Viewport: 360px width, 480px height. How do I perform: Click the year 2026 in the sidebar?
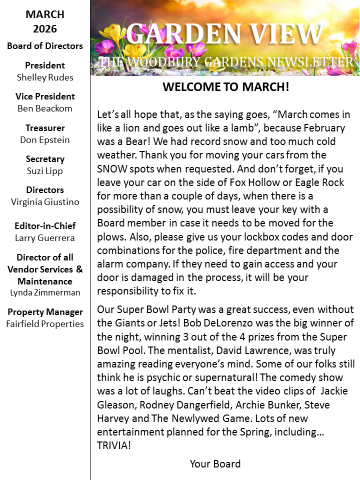[45, 29]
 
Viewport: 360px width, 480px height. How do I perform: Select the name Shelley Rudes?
[45, 77]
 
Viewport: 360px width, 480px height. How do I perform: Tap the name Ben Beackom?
[45, 108]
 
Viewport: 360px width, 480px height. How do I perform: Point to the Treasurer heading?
[45, 127]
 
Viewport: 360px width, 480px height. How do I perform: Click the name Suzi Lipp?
[45, 170]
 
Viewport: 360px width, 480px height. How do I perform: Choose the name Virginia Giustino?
[45, 202]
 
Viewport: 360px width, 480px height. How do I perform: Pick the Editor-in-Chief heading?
[45, 226]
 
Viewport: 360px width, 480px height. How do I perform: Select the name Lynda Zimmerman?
[45, 292]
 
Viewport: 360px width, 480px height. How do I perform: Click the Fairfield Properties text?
[45, 323]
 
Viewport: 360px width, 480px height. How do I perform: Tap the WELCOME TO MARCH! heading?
[225, 86]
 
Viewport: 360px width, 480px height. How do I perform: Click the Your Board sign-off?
[215, 463]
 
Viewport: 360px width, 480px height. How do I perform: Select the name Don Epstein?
[45, 139]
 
